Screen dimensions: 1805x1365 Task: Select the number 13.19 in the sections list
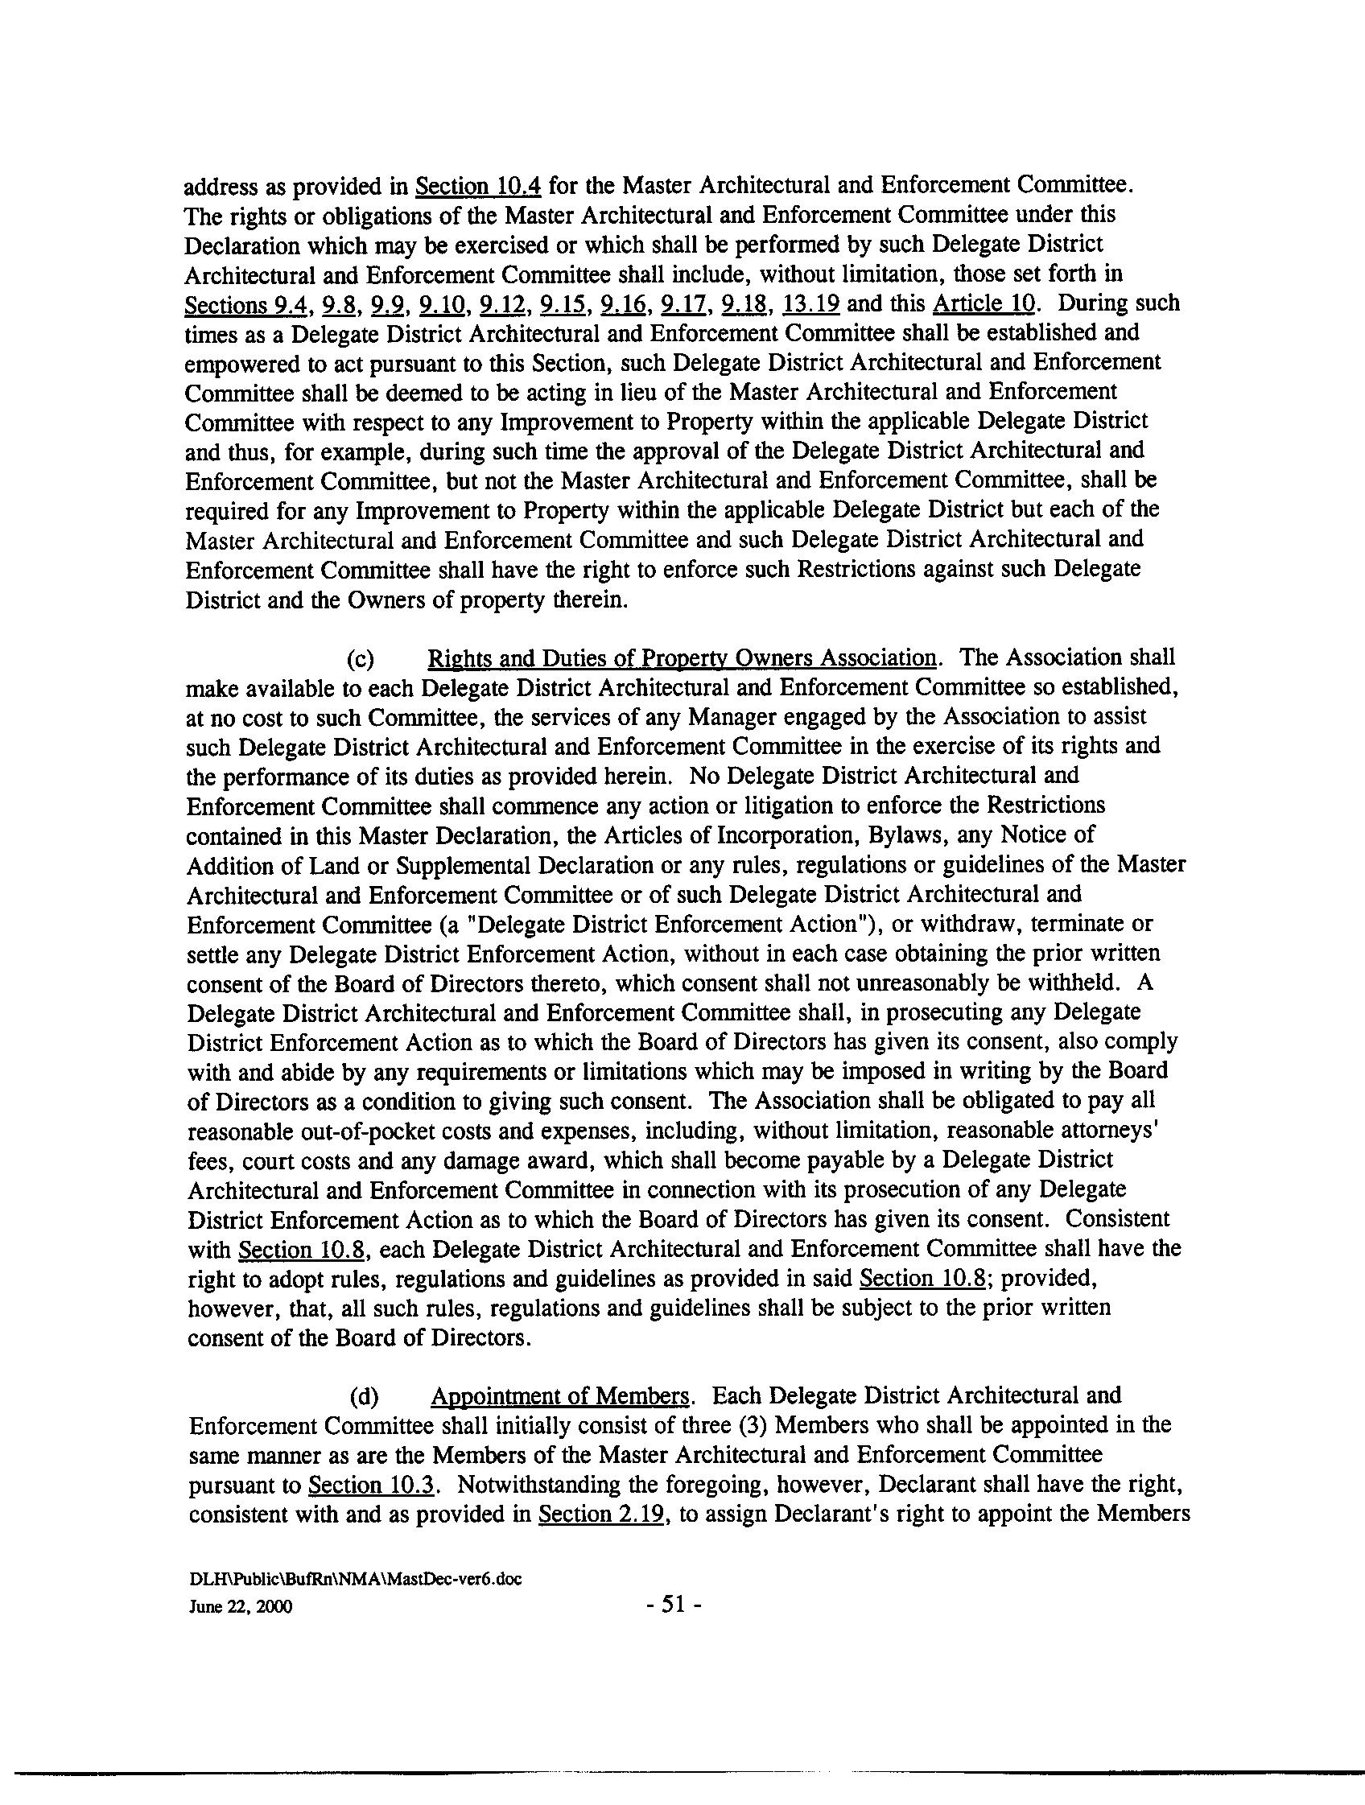810,304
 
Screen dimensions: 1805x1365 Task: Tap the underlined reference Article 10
984,304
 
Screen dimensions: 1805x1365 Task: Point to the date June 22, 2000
241,1607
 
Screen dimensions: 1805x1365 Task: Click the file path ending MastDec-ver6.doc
355,1578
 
